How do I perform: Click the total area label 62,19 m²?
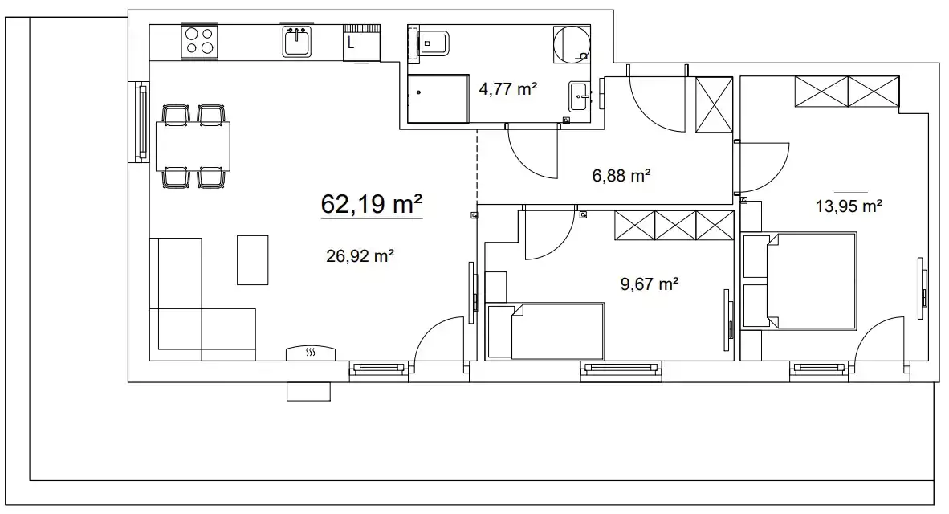pyautogui.click(x=371, y=203)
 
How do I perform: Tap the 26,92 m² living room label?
pyautogui.click(x=360, y=256)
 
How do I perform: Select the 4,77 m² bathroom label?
pyautogui.click(x=507, y=89)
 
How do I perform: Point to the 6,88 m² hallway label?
pyautogui.click(x=621, y=176)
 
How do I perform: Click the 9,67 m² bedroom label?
pyautogui.click(x=650, y=284)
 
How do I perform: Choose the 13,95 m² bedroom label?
pyautogui.click(x=849, y=206)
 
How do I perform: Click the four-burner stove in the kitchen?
pyautogui.click(x=200, y=41)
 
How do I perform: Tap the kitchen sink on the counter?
pyautogui.click(x=296, y=41)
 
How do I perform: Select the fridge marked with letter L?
pyautogui.click(x=361, y=43)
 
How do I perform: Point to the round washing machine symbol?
pyautogui.click(x=572, y=43)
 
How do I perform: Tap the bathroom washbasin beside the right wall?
pyautogui.click(x=579, y=96)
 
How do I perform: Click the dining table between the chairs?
pyautogui.click(x=193, y=146)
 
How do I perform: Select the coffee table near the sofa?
pyautogui.click(x=252, y=259)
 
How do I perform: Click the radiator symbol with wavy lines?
pyautogui.click(x=311, y=353)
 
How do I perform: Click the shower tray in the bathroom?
pyautogui.click(x=438, y=99)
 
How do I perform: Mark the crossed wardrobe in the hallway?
pyautogui.click(x=715, y=104)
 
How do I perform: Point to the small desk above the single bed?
pyautogui.click(x=495, y=288)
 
